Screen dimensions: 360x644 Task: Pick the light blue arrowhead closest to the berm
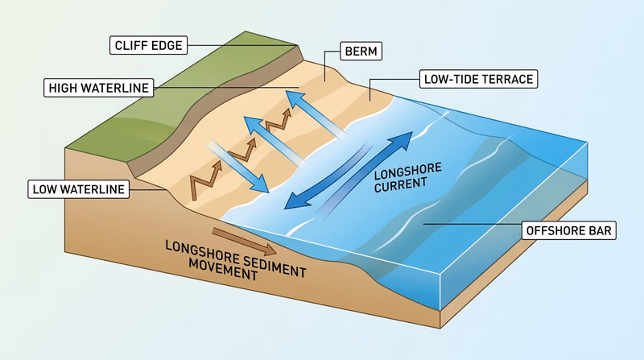pyautogui.click(x=291, y=98)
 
